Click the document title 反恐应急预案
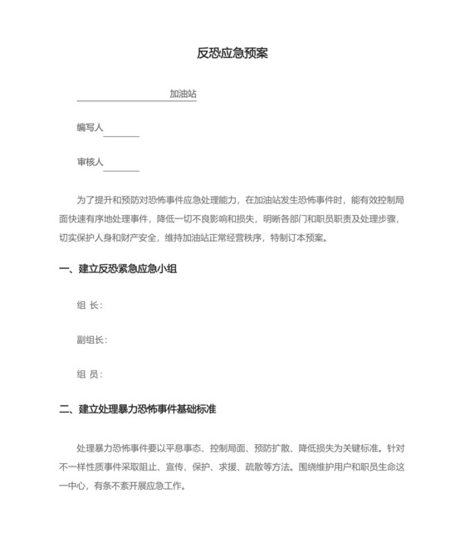click(x=232, y=54)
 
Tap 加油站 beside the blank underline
click(x=183, y=95)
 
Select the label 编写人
click(x=90, y=128)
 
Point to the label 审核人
click(x=90, y=162)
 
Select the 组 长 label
click(x=89, y=305)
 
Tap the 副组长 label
click(x=91, y=340)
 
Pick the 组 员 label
click(x=89, y=374)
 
